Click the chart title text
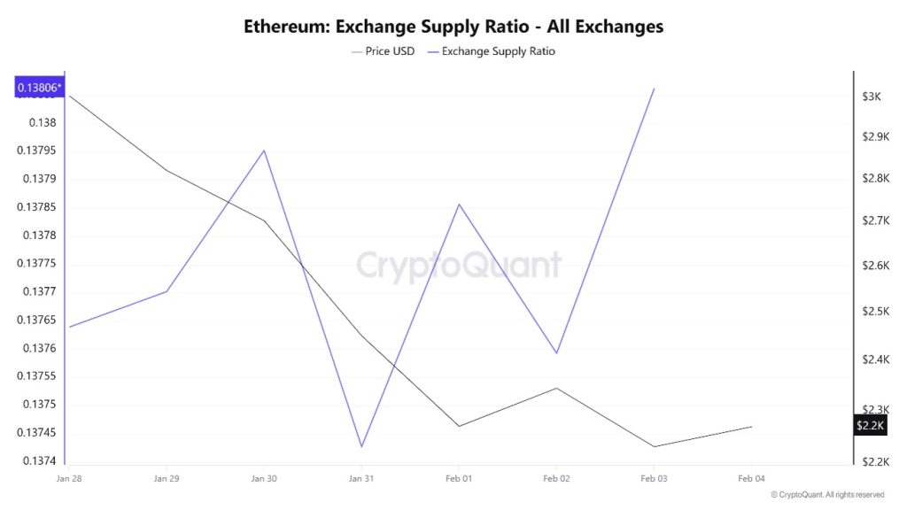click(453, 27)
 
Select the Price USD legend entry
click(383, 51)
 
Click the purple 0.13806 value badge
click(40, 87)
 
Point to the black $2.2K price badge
click(869, 426)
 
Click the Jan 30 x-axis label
click(264, 478)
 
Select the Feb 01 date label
click(459, 478)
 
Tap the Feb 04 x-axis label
click(751, 478)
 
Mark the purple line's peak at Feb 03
click(654, 89)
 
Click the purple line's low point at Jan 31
click(361, 446)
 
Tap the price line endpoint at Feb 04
click(751, 427)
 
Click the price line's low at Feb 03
click(654, 446)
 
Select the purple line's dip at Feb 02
click(556, 353)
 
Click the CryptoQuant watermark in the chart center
click(459, 265)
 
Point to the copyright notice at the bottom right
click(826, 495)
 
